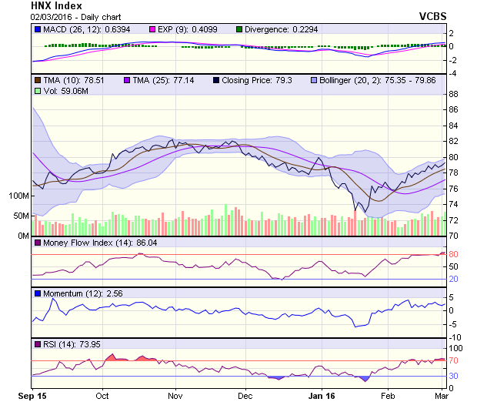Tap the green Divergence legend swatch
tap(239, 29)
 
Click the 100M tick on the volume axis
tap(18, 196)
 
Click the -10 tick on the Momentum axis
tap(455, 337)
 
